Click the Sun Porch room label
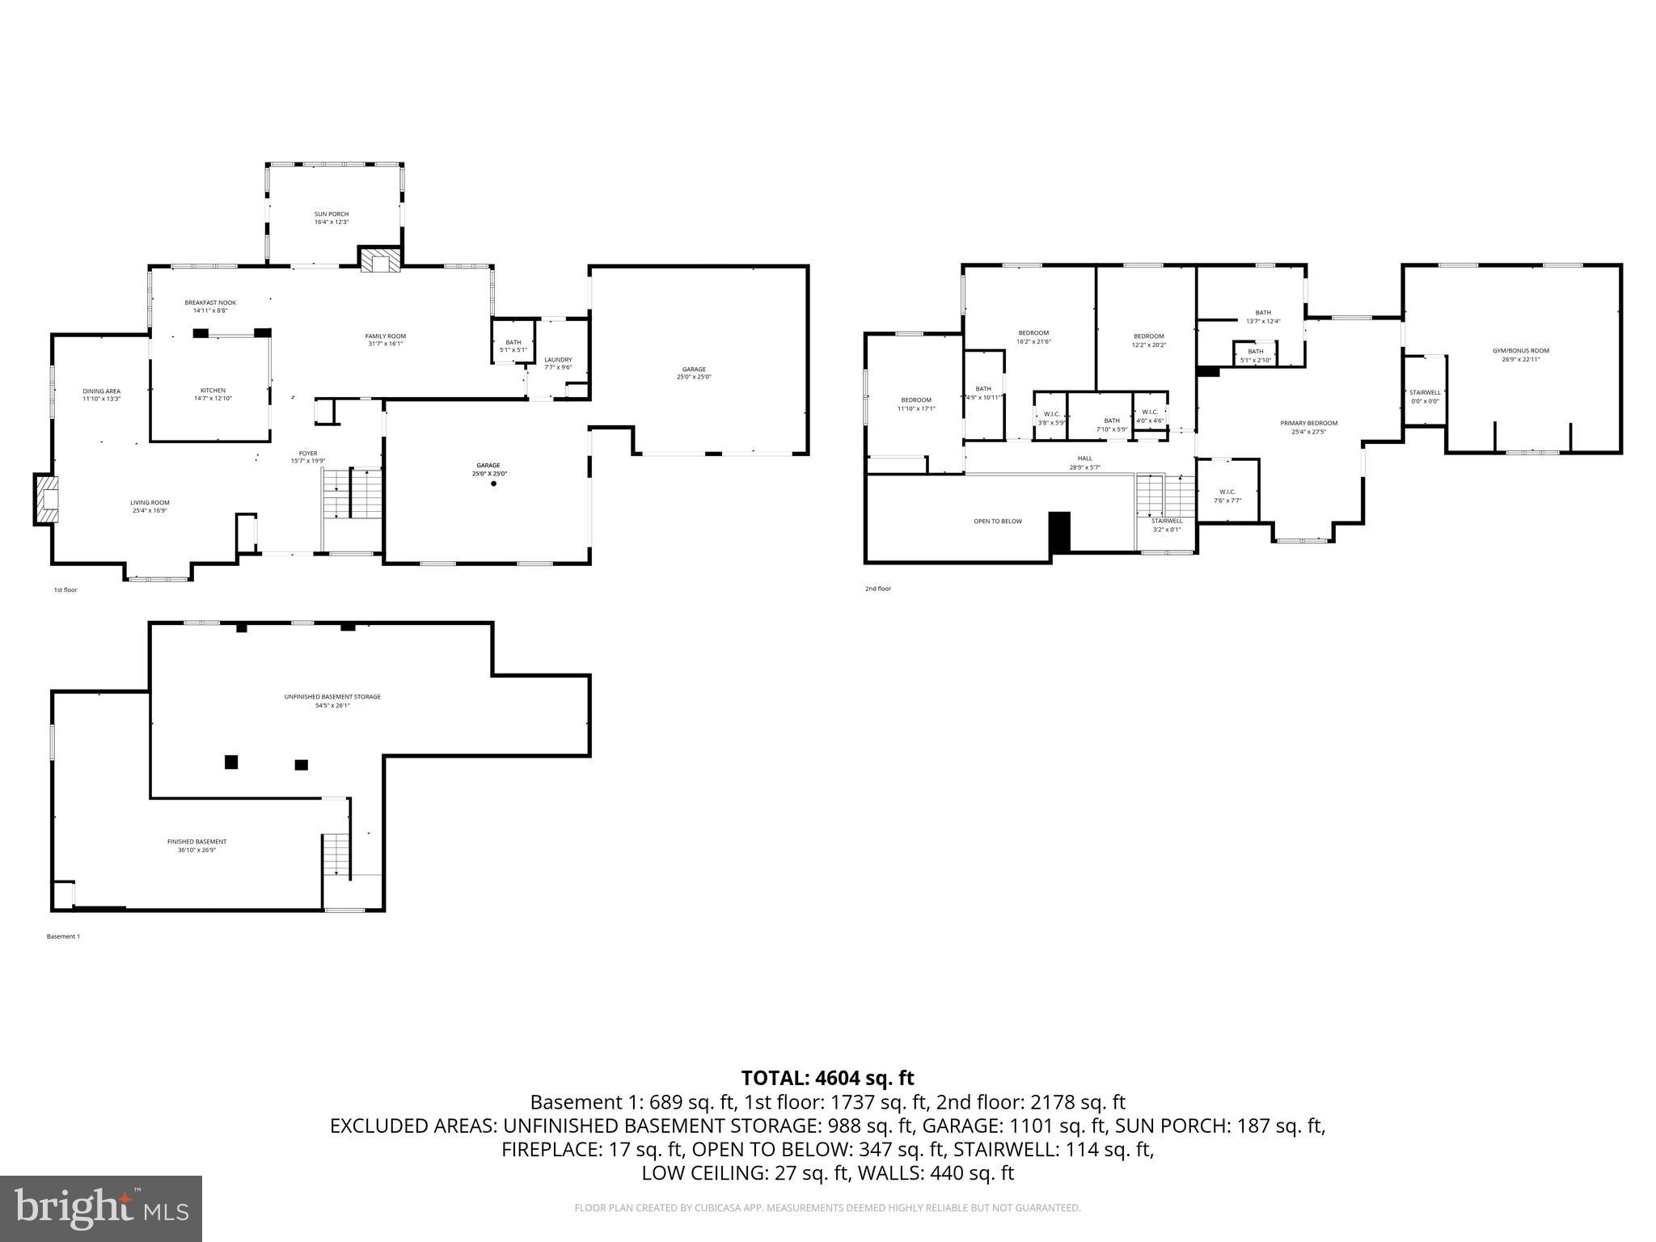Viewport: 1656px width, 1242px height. [332, 218]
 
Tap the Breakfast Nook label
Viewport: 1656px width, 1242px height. [210, 306]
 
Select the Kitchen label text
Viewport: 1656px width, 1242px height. [213, 394]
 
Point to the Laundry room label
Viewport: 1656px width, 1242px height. [558, 363]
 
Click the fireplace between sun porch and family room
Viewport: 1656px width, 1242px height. [380, 260]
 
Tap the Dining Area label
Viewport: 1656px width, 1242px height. [102, 395]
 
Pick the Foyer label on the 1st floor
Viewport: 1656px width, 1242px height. [308, 457]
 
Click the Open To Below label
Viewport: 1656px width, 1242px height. [998, 522]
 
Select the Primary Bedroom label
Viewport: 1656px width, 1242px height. [1308, 427]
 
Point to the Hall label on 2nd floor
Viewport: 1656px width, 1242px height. [1085, 463]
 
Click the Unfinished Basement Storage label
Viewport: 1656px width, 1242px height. [332, 700]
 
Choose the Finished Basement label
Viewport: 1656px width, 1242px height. [197, 845]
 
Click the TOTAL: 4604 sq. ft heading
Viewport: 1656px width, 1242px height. [827, 1078]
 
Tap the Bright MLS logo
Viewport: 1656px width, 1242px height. [101, 1208]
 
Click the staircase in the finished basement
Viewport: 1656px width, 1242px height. [336, 855]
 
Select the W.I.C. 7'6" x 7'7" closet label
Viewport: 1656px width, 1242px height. [1227, 496]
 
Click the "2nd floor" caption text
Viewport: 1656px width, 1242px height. [878, 589]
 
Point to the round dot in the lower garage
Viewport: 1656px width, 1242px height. [493, 484]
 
